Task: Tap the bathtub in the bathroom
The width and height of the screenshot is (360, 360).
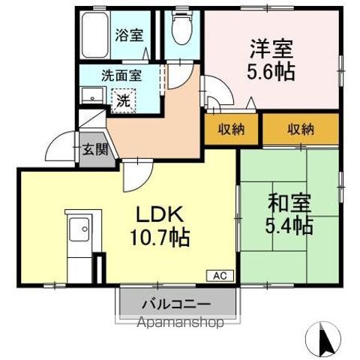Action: [95, 36]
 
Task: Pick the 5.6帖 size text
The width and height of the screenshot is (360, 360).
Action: [271, 72]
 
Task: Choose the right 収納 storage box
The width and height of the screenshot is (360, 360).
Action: [301, 129]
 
